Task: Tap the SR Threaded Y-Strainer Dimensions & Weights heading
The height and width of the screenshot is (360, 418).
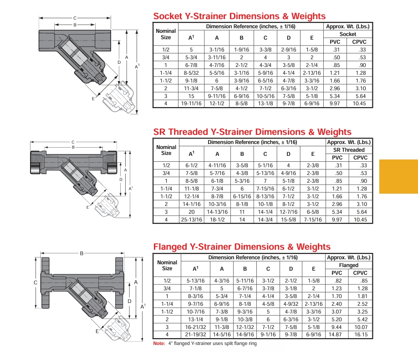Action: tap(252, 132)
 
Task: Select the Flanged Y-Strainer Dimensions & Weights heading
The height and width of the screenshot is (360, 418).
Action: tap(242, 247)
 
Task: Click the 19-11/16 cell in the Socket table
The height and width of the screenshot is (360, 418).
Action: tap(191, 104)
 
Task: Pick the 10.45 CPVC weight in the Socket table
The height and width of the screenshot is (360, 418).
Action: tap(359, 104)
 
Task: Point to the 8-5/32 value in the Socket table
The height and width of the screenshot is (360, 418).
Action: tap(191, 73)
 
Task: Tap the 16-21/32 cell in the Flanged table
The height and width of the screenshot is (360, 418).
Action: tap(195, 327)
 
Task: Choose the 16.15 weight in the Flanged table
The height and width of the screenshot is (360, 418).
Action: tap(360, 335)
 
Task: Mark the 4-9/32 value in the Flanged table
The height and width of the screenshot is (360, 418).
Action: tap(291, 304)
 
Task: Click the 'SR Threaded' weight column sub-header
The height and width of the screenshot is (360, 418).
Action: tap(349, 150)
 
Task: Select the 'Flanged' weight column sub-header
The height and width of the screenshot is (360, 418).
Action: tap(349, 265)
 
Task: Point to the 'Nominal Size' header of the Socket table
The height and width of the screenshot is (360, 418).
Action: tap(166, 34)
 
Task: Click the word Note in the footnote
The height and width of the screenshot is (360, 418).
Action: tap(159, 344)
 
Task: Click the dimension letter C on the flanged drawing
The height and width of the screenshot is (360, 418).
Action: tap(35, 283)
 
